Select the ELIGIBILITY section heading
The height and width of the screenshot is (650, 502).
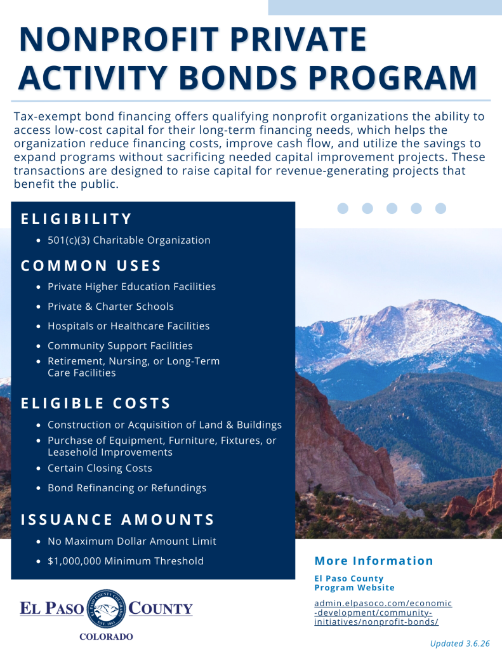76,219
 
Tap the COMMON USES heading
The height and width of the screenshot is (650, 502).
91,265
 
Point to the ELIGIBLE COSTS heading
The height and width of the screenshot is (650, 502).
96,403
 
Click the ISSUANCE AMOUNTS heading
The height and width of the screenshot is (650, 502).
118,520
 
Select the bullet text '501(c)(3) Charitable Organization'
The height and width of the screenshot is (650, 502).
129,241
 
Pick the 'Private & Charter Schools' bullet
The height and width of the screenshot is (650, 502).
110,307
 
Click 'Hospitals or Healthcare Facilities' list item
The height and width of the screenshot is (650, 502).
128,326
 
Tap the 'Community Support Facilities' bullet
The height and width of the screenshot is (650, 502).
120,346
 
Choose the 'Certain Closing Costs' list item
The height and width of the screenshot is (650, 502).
100,468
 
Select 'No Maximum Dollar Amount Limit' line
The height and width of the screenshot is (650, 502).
132,541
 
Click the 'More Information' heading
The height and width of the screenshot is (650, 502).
374,560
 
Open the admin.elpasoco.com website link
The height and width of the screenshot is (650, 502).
383,613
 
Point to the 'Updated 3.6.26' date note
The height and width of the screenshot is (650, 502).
459,643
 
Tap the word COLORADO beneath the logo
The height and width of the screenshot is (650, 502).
106,637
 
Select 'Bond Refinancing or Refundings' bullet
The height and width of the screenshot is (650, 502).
127,488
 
